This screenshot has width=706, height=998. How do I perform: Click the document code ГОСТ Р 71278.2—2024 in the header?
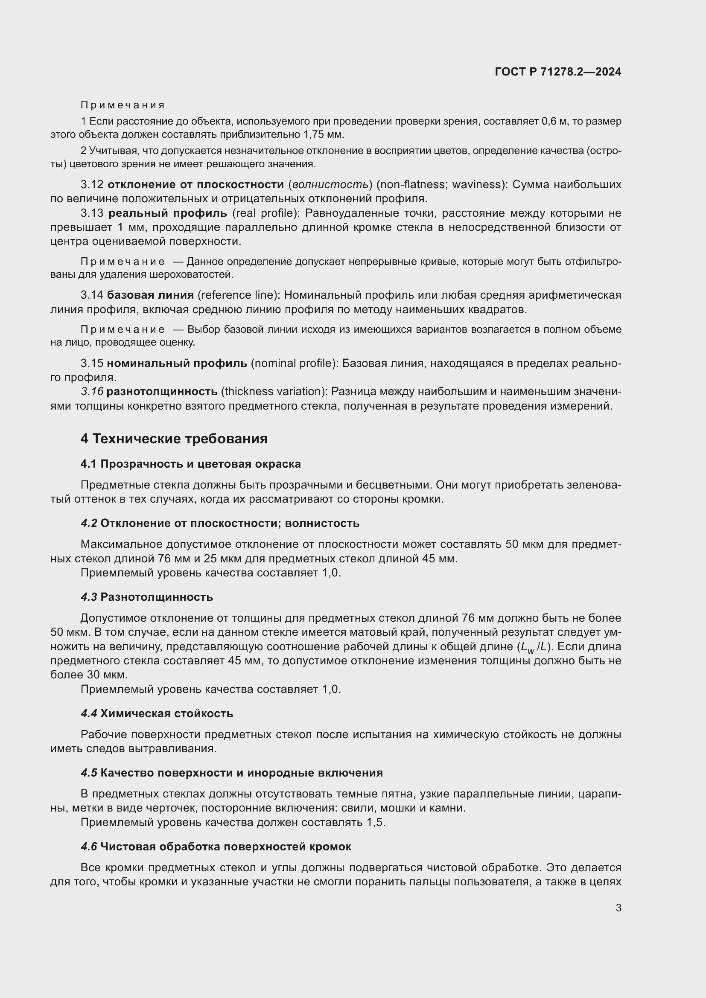point(558,72)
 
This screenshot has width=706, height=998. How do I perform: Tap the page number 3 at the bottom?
point(618,908)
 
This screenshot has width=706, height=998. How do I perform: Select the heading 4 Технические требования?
point(174,439)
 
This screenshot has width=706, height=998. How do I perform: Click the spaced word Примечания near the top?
point(123,105)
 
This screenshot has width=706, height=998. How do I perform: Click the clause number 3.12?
point(92,185)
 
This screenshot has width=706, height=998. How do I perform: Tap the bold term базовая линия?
point(150,295)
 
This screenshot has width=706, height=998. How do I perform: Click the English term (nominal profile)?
point(295,363)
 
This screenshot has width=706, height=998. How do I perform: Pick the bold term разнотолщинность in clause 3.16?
point(162,392)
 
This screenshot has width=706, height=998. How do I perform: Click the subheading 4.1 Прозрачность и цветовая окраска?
point(190,464)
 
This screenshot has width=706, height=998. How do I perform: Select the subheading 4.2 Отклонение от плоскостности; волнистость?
point(220,524)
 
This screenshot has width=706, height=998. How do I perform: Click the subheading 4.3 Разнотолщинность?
point(147,597)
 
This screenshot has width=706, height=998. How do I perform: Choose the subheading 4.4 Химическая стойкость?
point(157,714)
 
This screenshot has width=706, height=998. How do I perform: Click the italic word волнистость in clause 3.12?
point(330,185)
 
